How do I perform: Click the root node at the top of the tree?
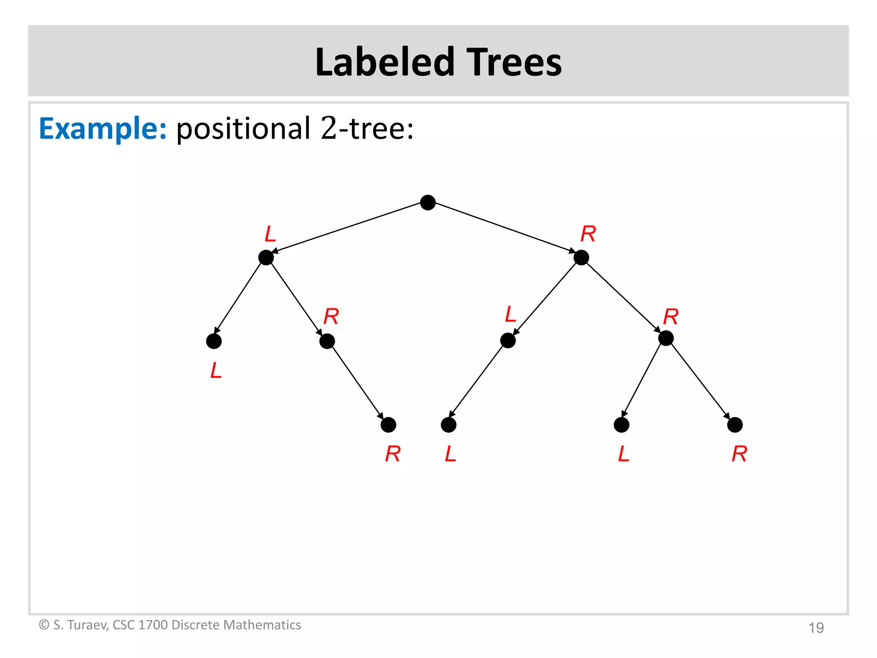click(428, 203)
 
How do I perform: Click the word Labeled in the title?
click(384, 63)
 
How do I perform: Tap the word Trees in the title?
click(513, 63)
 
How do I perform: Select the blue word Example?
click(102, 128)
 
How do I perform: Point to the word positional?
click(243, 128)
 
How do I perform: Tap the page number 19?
click(816, 628)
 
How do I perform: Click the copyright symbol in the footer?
click(44, 625)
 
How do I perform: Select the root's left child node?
click(266, 257)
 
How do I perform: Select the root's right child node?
click(581, 257)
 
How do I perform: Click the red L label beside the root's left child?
click(270, 234)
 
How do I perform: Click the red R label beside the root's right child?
click(588, 234)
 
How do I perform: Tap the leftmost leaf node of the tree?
click(214, 341)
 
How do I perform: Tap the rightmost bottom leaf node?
click(735, 425)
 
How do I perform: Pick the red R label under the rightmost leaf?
click(739, 454)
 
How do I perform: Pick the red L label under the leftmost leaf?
click(216, 371)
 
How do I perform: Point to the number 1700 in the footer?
click(153, 625)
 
